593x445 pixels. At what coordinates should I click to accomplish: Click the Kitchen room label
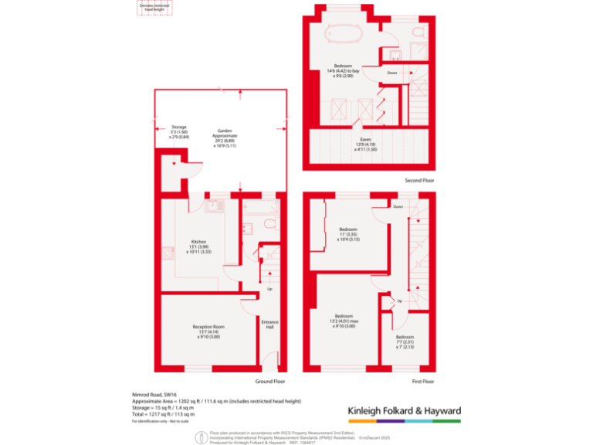coord(198,246)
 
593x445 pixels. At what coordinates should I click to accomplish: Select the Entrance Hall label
coord(269,324)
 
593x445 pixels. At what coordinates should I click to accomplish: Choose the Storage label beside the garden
coord(179,131)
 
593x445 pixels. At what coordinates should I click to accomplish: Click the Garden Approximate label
coord(225,137)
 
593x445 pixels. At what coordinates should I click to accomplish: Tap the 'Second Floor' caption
coord(419,180)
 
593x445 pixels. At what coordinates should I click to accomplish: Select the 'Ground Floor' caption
coord(270,381)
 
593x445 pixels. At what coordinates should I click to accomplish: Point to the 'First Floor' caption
coord(423,381)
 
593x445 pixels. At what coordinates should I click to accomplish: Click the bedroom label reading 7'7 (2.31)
coord(405,341)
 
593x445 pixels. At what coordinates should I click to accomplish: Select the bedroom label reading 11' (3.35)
coord(348,234)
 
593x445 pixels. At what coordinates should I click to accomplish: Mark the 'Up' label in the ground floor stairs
coord(269,290)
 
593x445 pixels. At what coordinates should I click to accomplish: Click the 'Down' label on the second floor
coord(391,73)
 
